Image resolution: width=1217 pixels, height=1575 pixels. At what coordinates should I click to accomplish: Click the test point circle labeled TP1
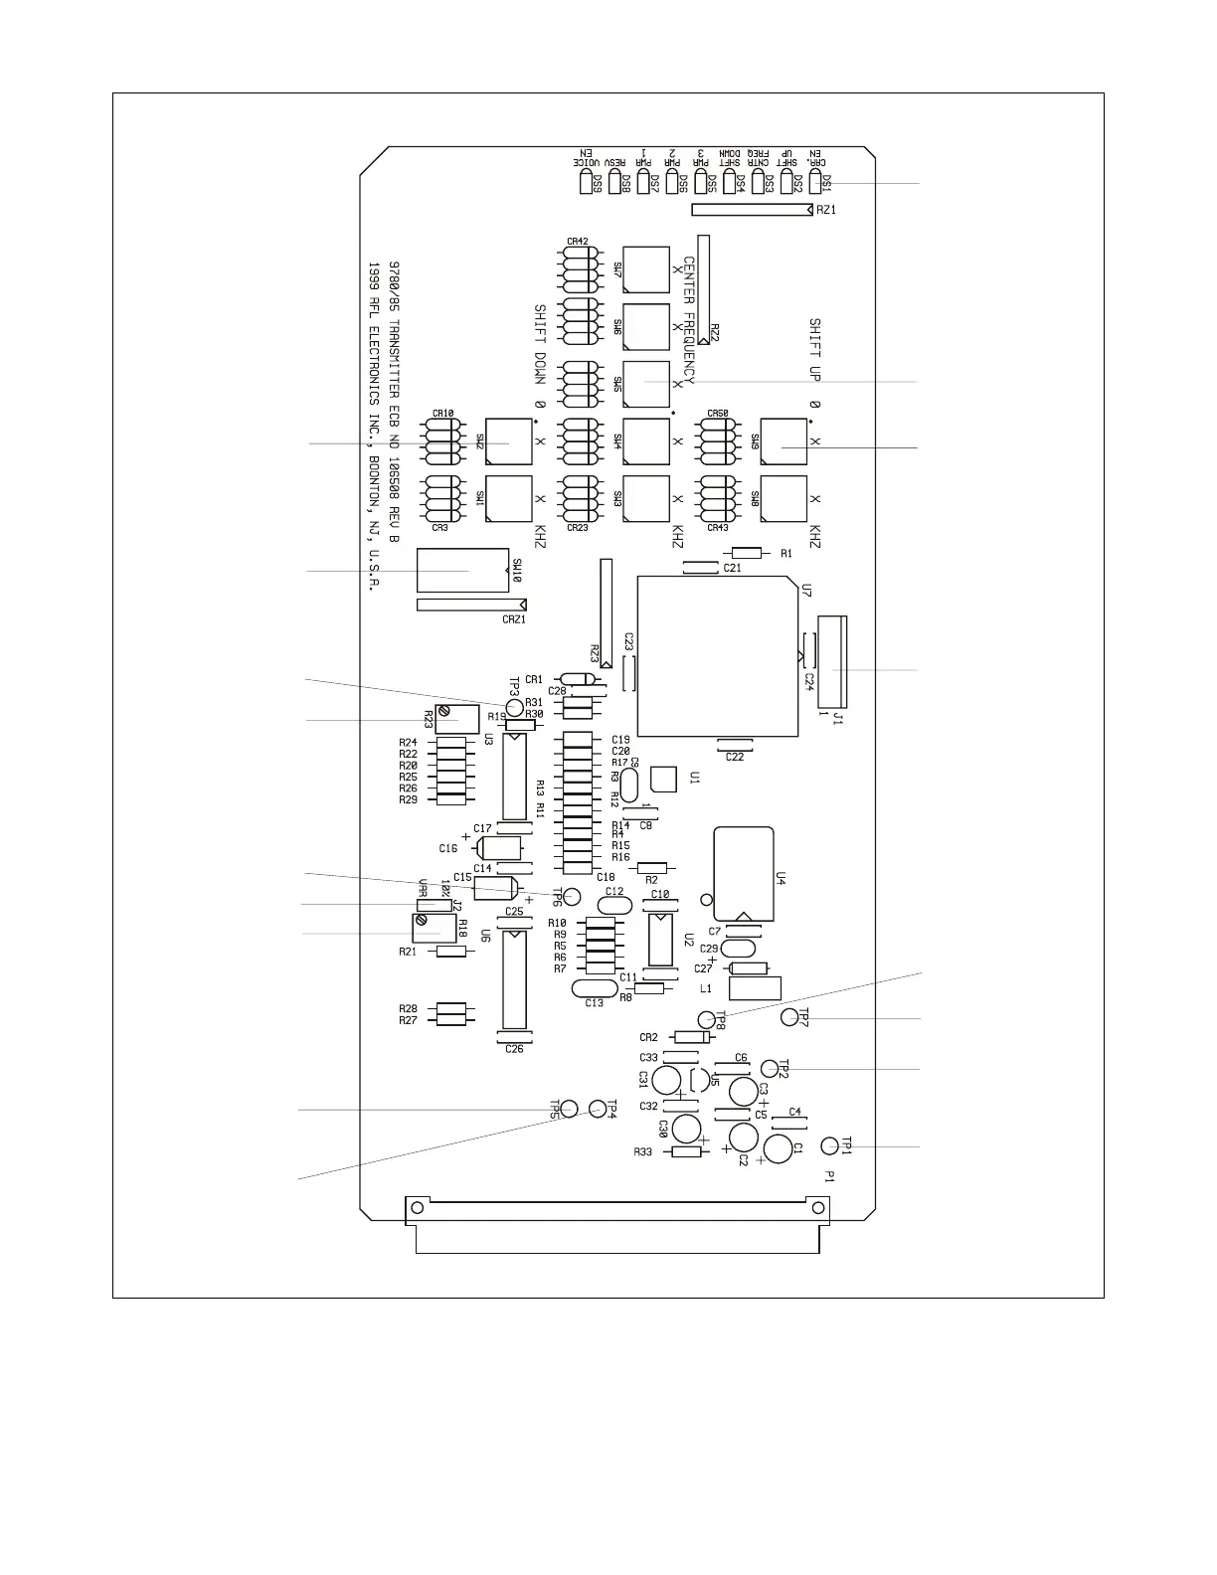pos(829,1146)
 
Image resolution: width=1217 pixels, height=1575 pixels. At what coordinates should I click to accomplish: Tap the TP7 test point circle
pos(788,1016)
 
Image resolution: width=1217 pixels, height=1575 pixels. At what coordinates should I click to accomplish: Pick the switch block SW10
pos(462,572)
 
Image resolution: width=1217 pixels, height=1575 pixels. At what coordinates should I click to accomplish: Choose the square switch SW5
pos(645,384)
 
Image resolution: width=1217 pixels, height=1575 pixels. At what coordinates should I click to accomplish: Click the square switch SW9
pos(783,441)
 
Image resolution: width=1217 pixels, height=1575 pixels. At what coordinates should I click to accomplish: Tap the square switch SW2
pos(508,441)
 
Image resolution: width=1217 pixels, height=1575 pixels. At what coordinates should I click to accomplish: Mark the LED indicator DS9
pos(585,184)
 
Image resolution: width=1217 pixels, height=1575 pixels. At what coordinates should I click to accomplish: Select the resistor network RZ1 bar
pos(751,210)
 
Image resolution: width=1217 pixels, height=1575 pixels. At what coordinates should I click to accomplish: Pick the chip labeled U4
pos(743,873)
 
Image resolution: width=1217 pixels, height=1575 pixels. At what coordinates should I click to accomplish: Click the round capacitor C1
pos(779,1148)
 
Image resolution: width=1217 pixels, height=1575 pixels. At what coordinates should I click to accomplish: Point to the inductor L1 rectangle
pos(755,988)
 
